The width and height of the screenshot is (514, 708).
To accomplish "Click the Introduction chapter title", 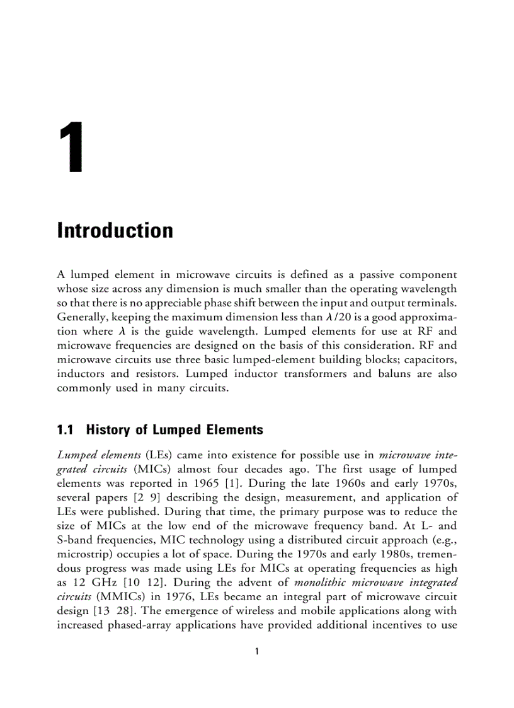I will (115, 230).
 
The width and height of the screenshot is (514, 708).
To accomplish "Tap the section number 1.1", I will (66, 431).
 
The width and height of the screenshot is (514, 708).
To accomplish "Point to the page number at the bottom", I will (256, 651).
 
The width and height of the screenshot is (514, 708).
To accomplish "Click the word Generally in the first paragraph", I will (81, 316).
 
